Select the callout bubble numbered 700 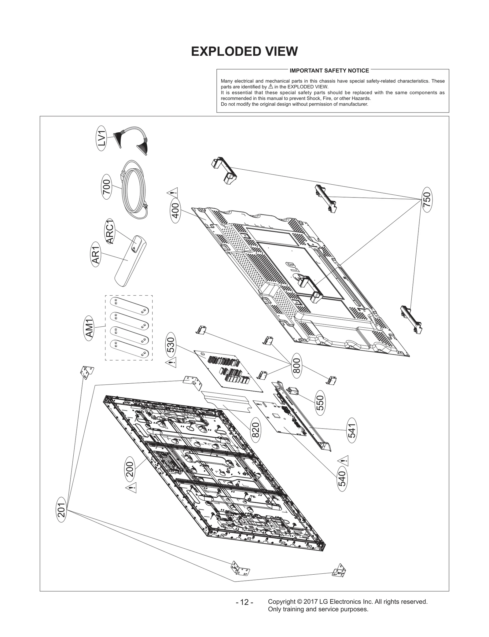[x=107, y=187]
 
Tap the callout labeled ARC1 [x=110, y=231]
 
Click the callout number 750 [x=427, y=200]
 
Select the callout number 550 [x=320, y=403]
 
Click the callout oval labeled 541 [x=352, y=430]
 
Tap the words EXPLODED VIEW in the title [x=244, y=52]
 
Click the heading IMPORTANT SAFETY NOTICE [x=329, y=71]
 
